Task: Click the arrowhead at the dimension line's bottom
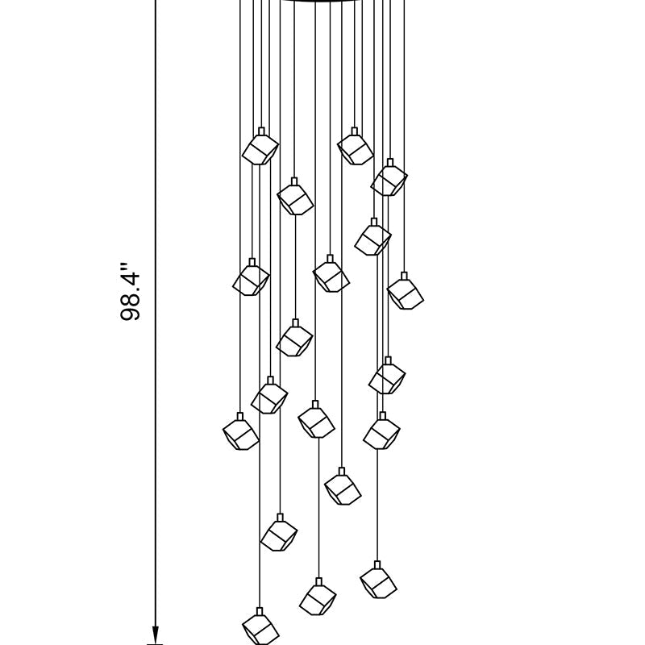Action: pyautogui.click(x=156, y=635)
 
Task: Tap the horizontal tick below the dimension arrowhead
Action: pyautogui.click(x=156, y=644)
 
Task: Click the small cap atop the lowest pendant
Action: pyautogui.click(x=260, y=611)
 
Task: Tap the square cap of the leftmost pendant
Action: pyautogui.click(x=240, y=416)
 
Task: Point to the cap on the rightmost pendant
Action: pyautogui.click(x=404, y=276)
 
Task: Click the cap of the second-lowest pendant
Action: pyautogui.click(x=318, y=581)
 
